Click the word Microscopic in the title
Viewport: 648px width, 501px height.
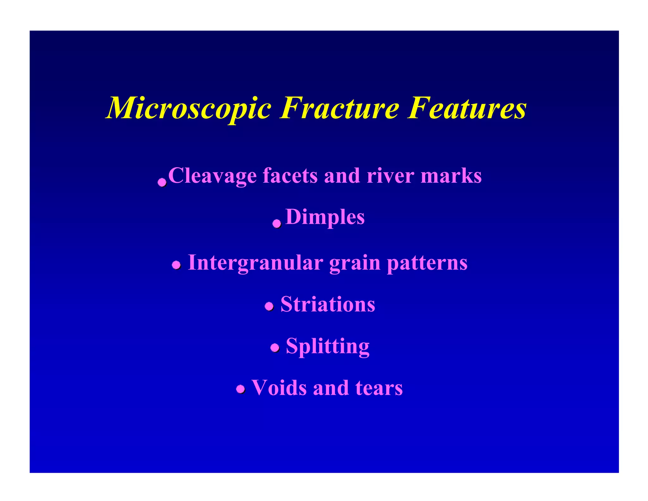pyautogui.click(x=189, y=108)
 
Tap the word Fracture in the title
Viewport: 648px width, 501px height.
pyautogui.click(x=339, y=108)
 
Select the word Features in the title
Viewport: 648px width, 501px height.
pyautogui.click(x=467, y=108)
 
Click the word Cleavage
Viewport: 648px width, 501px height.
pyautogui.click(x=212, y=176)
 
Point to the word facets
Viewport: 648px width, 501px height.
pyautogui.click(x=290, y=176)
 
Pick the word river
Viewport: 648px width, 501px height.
pyautogui.click(x=390, y=176)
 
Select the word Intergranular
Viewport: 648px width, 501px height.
pyautogui.click(x=256, y=263)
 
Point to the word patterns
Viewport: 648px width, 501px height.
pyautogui.click(x=427, y=263)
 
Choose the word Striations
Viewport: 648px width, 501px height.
pyautogui.click(x=328, y=305)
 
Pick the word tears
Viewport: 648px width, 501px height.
pyautogui.click(x=379, y=388)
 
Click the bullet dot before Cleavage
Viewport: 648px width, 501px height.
pyautogui.click(x=162, y=182)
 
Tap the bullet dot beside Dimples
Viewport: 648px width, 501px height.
pyautogui.click(x=277, y=224)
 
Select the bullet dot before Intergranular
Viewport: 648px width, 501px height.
pyautogui.click(x=176, y=265)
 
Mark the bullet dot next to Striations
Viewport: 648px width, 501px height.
pyautogui.click(x=269, y=306)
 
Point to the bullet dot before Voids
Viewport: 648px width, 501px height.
pyautogui.click(x=240, y=389)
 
